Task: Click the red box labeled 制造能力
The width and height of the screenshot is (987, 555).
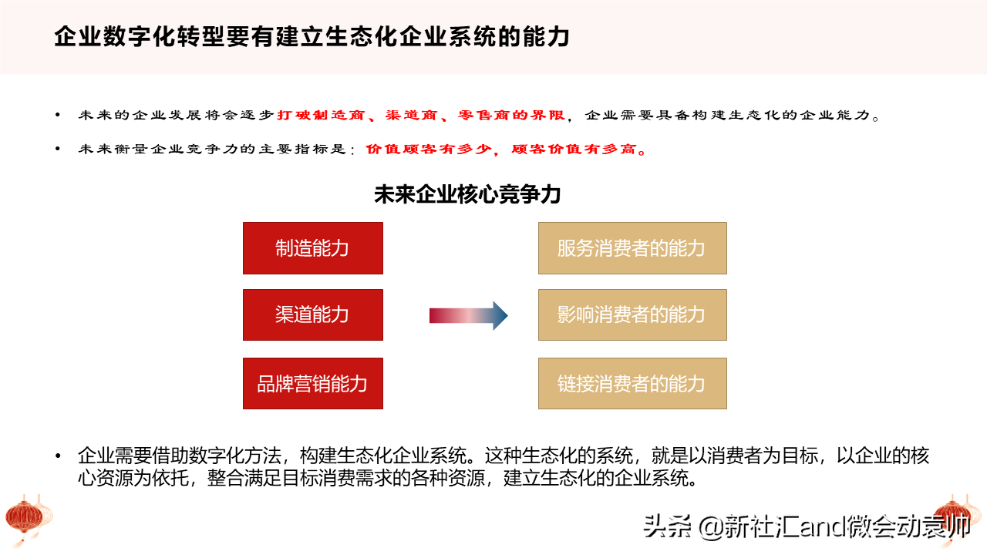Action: (x=313, y=248)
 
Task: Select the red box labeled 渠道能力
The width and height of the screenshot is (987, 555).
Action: (x=313, y=315)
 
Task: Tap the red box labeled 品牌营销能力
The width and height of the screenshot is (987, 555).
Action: (x=313, y=383)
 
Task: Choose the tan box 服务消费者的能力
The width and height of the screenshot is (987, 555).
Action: (x=632, y=248)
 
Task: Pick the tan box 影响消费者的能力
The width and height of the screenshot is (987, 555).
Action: (x=632, y=315)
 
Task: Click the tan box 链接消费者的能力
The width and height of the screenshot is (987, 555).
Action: (x=632, y=383)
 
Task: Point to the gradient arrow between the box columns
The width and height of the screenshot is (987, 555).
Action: (x=468, y=315)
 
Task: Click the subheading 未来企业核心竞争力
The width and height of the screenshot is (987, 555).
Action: (x=467, y=194)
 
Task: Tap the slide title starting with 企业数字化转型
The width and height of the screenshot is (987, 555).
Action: (x=312, y=36)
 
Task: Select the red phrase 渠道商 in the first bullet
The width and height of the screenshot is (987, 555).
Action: (x=411, y=116)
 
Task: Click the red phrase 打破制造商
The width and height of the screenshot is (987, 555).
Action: (x=321, y=116)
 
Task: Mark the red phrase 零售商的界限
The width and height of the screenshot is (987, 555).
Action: (x=511, y=116)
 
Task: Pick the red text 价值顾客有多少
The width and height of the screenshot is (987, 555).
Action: (x=429, y=150)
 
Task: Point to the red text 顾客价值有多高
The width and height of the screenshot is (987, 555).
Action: (x=573, y=150)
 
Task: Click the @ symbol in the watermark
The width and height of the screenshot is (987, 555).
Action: (x=710, y=526)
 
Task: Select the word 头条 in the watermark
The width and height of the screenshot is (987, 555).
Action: (x=667, y=526)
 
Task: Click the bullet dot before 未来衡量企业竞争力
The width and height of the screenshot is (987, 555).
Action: (x=58, y=149)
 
